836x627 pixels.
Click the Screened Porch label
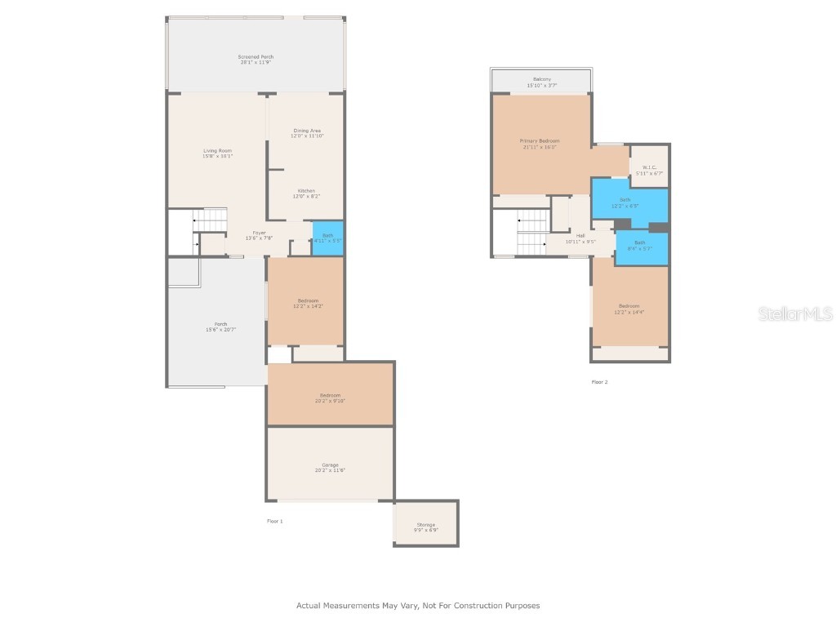tap(256, 60)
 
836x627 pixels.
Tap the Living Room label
tap(218, 153)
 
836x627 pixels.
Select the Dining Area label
tap(306, 133)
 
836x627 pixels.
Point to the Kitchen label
tap(306, 193)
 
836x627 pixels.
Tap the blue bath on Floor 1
tap(327, 238)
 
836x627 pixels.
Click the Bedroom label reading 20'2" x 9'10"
tap(330, 398)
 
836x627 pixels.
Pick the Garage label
tap(330, 468)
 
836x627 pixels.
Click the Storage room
tap(425, 527)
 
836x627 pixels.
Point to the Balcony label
tap(541, 82)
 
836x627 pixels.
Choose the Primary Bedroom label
tap(540, 144)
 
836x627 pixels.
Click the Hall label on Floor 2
tap(580, 238)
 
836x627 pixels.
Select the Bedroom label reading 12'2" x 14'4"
tap(629, 309)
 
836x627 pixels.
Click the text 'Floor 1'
tap(275, 521)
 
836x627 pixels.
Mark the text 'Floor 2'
tap(599, 382)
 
